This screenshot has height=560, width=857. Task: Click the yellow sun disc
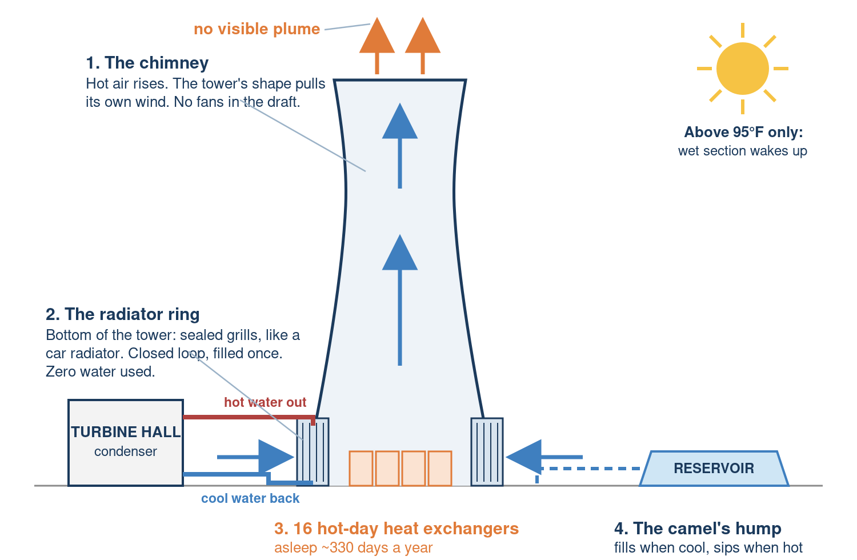pos(742,69)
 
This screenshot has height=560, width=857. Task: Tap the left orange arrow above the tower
pos(377,45)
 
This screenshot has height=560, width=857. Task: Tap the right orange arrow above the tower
pos(422,45)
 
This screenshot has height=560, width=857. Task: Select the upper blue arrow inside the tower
pos(400,146)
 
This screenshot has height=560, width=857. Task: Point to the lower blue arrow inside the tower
pos(400,299)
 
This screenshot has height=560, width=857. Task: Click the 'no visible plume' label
pos(257,29)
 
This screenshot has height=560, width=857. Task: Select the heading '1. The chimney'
pos(147,63)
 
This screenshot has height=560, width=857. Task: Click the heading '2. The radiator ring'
pos(122,314)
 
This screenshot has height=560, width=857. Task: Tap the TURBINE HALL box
pos(126,443)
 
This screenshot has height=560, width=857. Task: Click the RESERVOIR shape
pos(714,468)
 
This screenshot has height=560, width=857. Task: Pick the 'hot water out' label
pos(265,402)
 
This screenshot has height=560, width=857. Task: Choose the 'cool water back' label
pos(250,498)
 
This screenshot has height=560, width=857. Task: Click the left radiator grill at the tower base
pos(313,451)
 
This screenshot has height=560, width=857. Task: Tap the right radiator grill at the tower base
pos(487,451)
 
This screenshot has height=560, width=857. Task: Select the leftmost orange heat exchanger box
pos(361,469)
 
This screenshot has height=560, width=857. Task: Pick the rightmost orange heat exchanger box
pos(440,469)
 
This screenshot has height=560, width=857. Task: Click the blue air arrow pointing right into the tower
pos(255,457)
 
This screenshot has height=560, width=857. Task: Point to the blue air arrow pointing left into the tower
pos(544,457)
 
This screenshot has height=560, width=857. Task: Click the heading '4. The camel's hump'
pos(698,529)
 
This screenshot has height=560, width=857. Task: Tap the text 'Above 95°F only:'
pos(743,133)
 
